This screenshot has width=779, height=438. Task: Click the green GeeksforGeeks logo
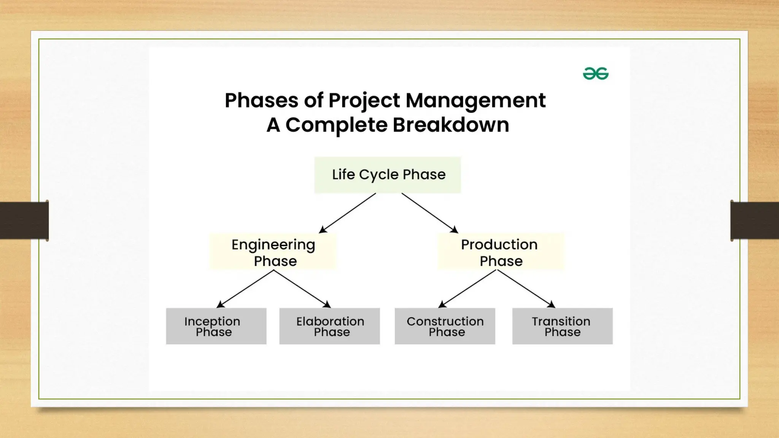pos(596,73)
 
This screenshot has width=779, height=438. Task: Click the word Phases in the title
pos(261,100)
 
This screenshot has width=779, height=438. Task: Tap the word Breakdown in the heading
pos(451,125)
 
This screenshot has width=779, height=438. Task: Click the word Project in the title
pos(364,101)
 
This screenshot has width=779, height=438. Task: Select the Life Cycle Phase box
pos(388,175)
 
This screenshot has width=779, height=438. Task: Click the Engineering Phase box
pos(273,252)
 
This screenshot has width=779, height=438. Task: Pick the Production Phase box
pos(501,252)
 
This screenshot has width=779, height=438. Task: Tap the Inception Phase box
pos(216,326)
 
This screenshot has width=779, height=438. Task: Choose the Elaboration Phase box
pos(329,326)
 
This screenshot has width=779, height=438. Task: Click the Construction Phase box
pos(445,326)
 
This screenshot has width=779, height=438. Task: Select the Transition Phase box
pos(562,326)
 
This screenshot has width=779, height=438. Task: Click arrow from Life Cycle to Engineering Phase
pos(347,213)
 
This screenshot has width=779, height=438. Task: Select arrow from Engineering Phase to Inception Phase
pos(245,289)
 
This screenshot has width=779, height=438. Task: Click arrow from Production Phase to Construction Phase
pos(468,289)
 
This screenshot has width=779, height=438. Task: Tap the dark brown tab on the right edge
pos(755,221)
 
